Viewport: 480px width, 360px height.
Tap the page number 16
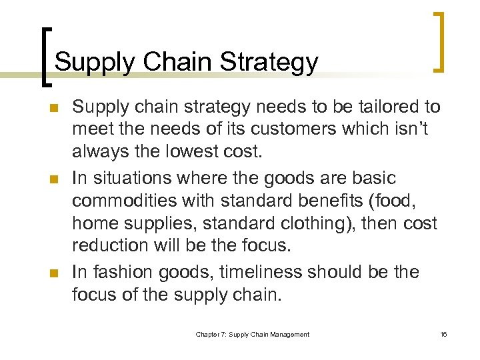tap(443, 334)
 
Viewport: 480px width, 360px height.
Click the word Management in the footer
tap(288, 334)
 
